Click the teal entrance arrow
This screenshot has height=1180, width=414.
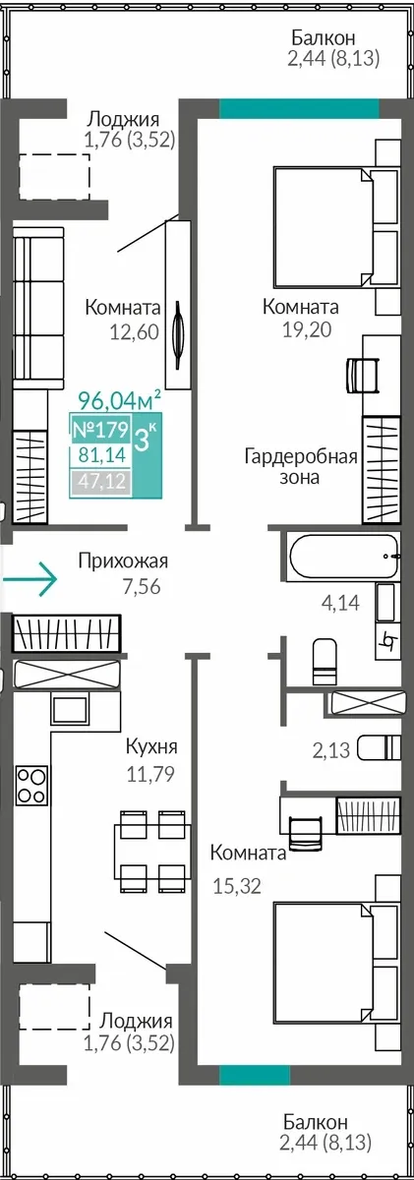pos(29,579)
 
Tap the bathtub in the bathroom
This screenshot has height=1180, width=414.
pos(344,557)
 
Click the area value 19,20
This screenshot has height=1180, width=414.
pos(307,329)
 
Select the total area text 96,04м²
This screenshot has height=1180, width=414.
pos(119,401)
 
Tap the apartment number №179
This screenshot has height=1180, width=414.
pos(100,430)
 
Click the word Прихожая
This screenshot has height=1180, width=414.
pos(123,561)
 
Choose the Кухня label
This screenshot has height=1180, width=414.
pos(151,746)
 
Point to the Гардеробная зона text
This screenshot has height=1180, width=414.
pos(301,467)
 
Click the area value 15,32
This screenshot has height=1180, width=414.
pos(237,886)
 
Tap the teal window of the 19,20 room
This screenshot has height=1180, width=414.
pos(299,108)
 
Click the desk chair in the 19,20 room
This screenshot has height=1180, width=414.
pos(363,375)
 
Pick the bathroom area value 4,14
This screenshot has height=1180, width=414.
pos(341,602)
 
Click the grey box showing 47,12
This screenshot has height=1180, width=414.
pos(100,481)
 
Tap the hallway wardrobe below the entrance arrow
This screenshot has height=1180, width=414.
pos(67,632)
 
